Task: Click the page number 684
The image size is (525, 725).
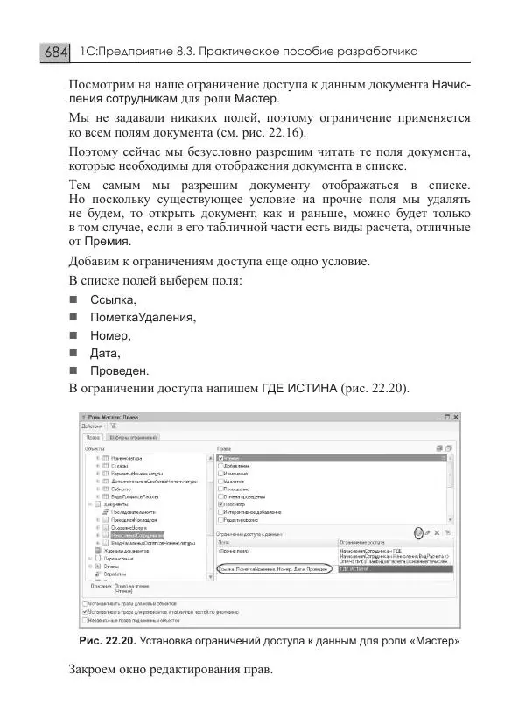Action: [55, 53]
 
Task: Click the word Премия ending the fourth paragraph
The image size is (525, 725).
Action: [109, 241]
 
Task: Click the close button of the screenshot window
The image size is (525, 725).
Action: [456, 418]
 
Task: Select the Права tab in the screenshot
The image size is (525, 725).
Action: [93, 436]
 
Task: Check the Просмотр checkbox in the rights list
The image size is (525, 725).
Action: [220, 504]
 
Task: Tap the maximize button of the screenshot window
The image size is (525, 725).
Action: [444, 418]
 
